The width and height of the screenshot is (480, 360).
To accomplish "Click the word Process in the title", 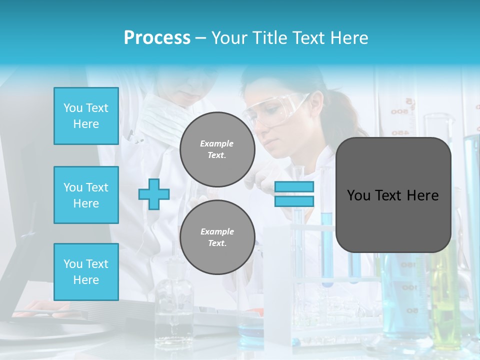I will pos(157,38).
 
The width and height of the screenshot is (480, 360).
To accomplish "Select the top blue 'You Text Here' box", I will pos(86,116).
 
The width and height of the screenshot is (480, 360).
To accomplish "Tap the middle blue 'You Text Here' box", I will pos(86,195).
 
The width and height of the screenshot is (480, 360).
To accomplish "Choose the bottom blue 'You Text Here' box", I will pos(86,271).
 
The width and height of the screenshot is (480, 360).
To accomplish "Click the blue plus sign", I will pos(154,194).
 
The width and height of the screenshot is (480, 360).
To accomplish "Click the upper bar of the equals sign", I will pos(294,187).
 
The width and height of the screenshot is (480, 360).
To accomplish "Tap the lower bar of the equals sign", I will pos(294,201).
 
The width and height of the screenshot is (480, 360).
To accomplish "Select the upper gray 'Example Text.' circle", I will pos(217,149).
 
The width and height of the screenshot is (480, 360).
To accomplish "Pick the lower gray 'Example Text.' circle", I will pos(217,237).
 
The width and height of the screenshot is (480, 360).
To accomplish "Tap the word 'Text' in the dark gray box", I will pos(392,195).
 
